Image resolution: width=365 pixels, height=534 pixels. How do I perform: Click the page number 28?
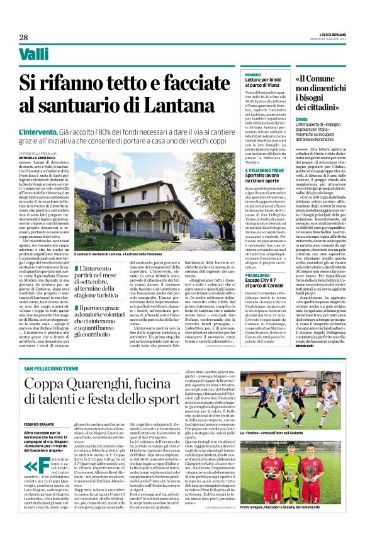tap(23, 37)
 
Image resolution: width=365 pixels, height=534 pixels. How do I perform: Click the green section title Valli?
tap(34, 55)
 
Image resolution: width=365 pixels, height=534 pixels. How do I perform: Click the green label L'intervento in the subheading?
tap(36, 132)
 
